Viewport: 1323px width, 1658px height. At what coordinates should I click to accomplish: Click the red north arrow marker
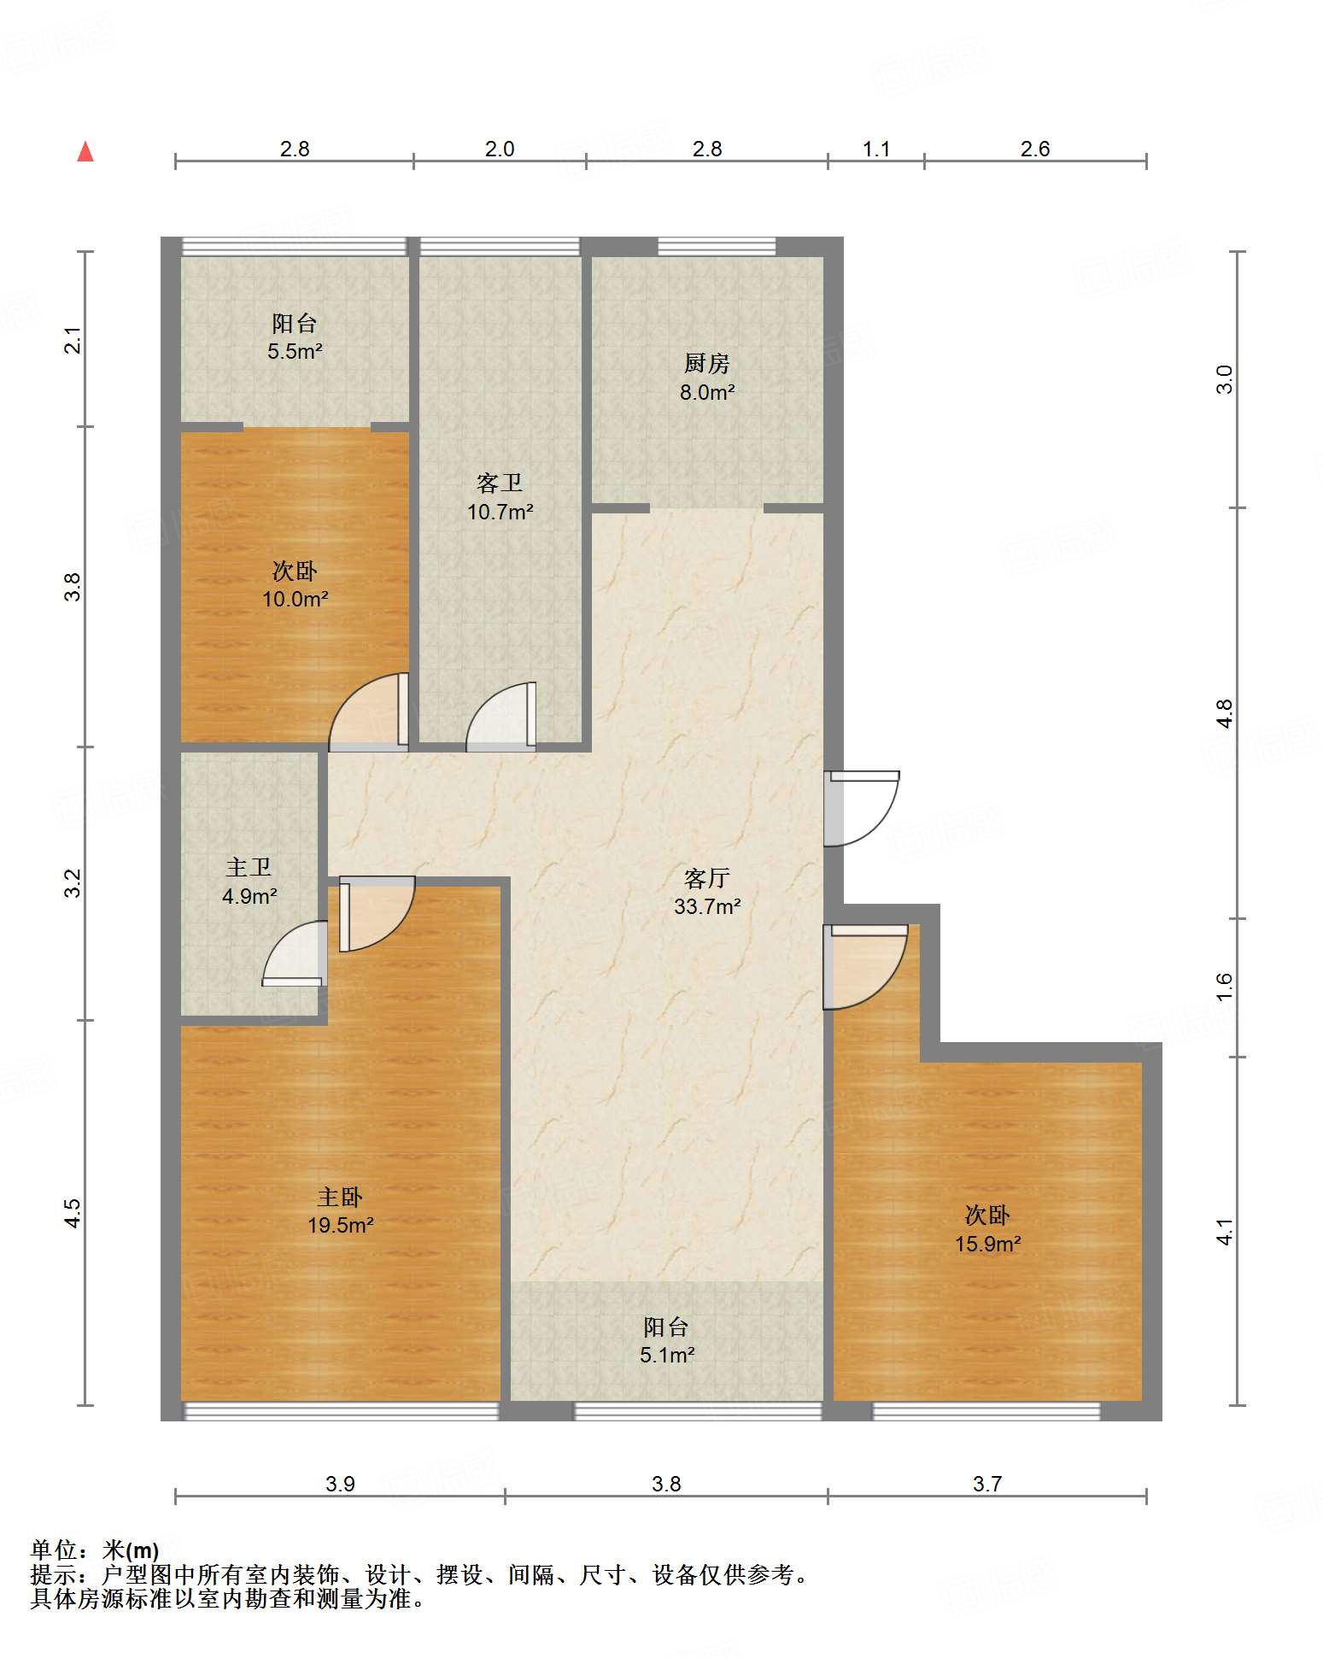click(85, 152)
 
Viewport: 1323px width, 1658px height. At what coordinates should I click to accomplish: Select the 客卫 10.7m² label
click(500, 497)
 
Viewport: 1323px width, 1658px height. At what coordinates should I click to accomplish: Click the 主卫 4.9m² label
click(249, 882)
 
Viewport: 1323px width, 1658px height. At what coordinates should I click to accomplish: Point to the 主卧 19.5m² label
click(340, 1210)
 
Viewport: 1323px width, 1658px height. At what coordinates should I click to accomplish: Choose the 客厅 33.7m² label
click(707, 892)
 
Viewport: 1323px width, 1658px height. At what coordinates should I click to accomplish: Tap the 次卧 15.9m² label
click(987, 1229)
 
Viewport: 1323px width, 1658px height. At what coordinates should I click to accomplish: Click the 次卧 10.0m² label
click(295, 584)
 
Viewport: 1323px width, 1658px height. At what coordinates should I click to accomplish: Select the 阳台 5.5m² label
click(295, 337)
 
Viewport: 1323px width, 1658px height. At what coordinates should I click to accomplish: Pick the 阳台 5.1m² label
click(666, 1340)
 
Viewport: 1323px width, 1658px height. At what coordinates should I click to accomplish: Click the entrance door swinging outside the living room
click(861, 808)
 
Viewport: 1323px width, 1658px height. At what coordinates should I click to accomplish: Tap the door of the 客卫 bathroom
click(501, 717)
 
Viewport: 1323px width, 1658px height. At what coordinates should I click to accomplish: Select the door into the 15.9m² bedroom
click(864, 966)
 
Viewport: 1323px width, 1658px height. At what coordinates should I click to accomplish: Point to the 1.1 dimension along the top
click(876, 149)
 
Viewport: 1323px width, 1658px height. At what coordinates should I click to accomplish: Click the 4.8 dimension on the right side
click(1225, 713)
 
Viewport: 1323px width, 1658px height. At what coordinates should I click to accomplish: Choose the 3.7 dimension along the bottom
click(987, 1484)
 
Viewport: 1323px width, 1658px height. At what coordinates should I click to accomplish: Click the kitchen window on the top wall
click(717, 247)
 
